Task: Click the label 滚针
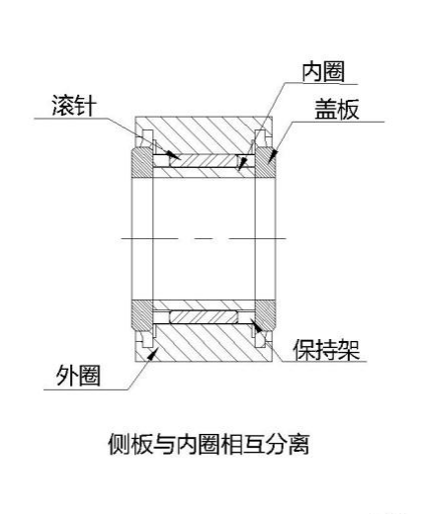[x=74, y=106]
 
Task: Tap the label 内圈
[x=323, y=72]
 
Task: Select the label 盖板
[x=337, y=109]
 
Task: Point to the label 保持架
[x=326, y=350]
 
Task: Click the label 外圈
[x=78, y=376]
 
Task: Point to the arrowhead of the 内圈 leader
[x=242, y=163]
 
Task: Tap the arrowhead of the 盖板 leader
[x=273, y=156]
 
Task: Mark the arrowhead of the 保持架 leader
[x=256, y=325]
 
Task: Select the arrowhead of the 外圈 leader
[x=152, y=355]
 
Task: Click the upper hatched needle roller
[x=204, y=161]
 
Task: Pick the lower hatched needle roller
[x=204, y=317]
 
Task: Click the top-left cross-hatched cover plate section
[x=142, y=163]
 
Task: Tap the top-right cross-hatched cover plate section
[x=265, y=163]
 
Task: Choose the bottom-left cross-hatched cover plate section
[x=142, y=315]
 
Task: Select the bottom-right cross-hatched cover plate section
[x=265, y=315]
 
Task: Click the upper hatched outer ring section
[x=204, y=135]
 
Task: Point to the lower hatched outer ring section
[x=204, y=343]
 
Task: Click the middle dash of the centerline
[x=205, y=238]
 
